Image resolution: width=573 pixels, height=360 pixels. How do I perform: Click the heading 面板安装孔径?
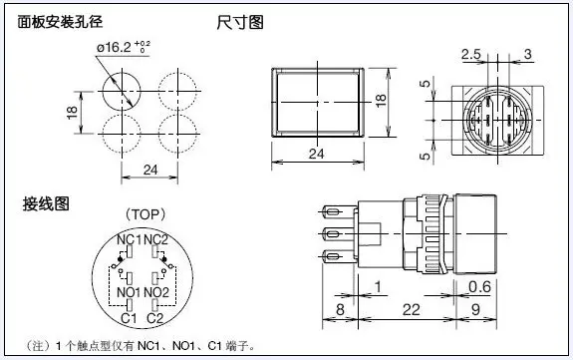click(61, 22)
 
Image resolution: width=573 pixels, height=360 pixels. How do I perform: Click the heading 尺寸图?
click(240, 22)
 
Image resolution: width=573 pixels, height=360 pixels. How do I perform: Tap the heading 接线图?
click(46, 203)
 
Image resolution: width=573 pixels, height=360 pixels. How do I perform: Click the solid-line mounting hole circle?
click(122, 73)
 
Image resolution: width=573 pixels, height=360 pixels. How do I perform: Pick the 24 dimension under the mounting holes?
click(150, 170)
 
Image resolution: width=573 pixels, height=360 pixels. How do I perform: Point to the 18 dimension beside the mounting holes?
click(73, 112)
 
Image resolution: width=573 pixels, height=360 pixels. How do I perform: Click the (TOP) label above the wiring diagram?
click(145, 214)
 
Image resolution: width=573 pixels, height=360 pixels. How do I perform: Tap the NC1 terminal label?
click(129, 240)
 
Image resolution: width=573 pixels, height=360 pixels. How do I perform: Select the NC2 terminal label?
click(156, 240)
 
